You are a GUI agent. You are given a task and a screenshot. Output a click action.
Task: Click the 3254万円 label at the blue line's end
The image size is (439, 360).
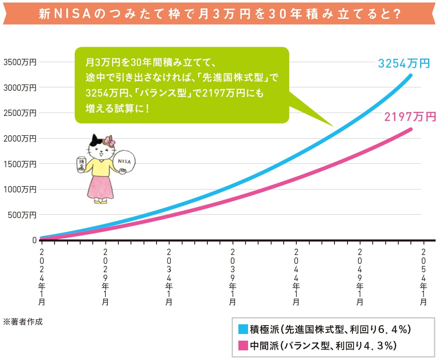(404, 63)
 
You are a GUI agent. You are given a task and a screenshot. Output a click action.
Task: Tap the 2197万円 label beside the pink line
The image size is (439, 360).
(410, 117)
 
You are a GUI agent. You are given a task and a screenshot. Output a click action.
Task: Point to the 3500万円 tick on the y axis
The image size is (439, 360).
(20, 62)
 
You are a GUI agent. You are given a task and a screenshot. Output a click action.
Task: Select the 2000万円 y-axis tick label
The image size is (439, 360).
(20, 138)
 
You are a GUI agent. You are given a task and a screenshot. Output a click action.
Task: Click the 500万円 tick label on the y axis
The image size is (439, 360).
(22, 215)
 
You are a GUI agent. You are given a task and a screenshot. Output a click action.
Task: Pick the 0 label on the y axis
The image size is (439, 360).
(34, 240)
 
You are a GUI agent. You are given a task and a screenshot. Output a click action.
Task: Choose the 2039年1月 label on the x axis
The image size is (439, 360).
(233, 277)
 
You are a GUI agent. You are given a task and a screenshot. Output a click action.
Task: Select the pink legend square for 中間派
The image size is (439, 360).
(243, 346)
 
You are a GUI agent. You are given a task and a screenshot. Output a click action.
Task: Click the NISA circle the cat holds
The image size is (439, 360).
(124, 161)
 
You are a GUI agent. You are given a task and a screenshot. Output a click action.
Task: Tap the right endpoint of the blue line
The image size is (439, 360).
(410, 76)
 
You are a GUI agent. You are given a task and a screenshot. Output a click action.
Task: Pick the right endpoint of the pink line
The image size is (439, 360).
(410, 129)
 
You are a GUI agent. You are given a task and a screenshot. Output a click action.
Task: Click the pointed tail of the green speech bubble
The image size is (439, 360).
(327, 122)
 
